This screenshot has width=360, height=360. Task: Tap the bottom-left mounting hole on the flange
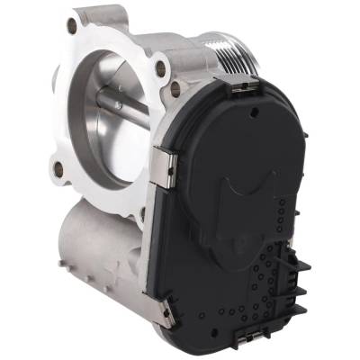coord(59,167)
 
